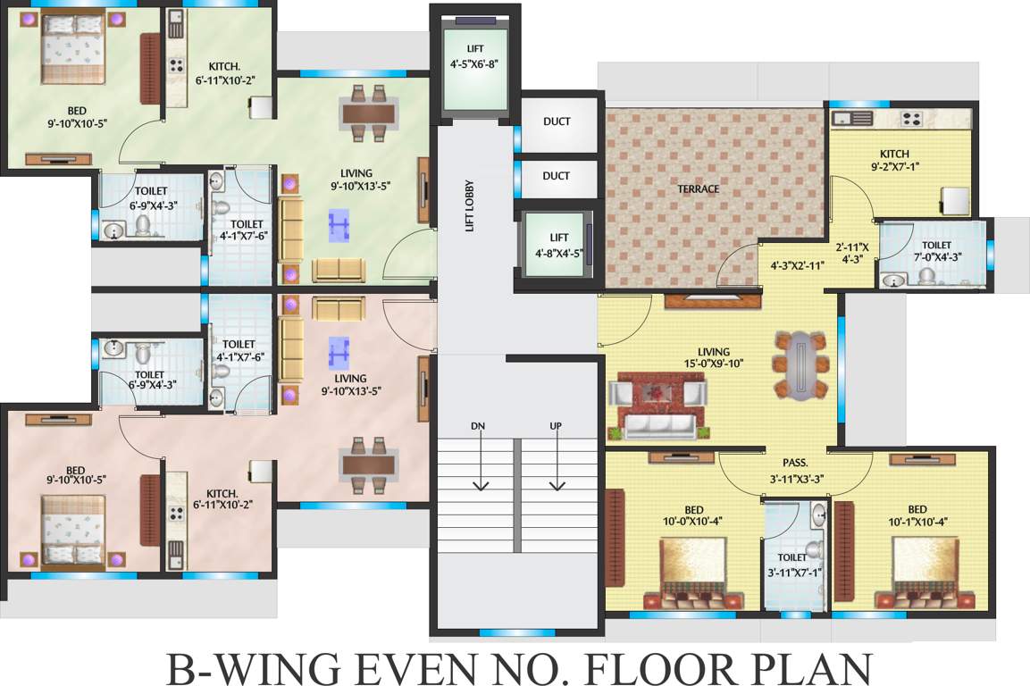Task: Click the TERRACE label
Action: (x=698, y=188)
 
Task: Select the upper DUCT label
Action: (x=556, y=121)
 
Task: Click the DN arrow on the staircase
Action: (x=480, y=460)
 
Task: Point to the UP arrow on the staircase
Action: (x=556, y=460)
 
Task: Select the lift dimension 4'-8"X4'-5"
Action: (x=558, y=253)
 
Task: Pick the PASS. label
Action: (x=795, y=463)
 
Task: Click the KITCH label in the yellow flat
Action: (x=893, y=154)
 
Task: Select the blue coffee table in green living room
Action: (x=339, y=225)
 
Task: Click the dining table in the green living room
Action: (x=368, y=113)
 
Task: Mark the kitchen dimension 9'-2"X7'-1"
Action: (x=893, y=166)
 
